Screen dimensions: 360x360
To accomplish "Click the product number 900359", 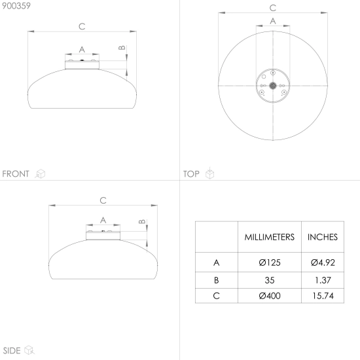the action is (16, 6).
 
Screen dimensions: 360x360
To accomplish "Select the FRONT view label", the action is (16, 174).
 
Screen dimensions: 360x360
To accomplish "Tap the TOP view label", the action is (191, 174).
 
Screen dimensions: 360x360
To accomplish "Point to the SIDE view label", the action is (12, 351).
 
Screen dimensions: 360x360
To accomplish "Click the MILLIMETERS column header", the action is (269, 237).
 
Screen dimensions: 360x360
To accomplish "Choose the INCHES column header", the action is (323, 237).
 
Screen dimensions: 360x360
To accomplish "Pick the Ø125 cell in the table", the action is (270, 262).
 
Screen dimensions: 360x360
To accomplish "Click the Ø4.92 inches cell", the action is (323, 262).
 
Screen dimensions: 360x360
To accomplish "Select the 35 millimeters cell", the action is (270, 280).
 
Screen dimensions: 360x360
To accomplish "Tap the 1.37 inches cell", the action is (323, 280).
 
